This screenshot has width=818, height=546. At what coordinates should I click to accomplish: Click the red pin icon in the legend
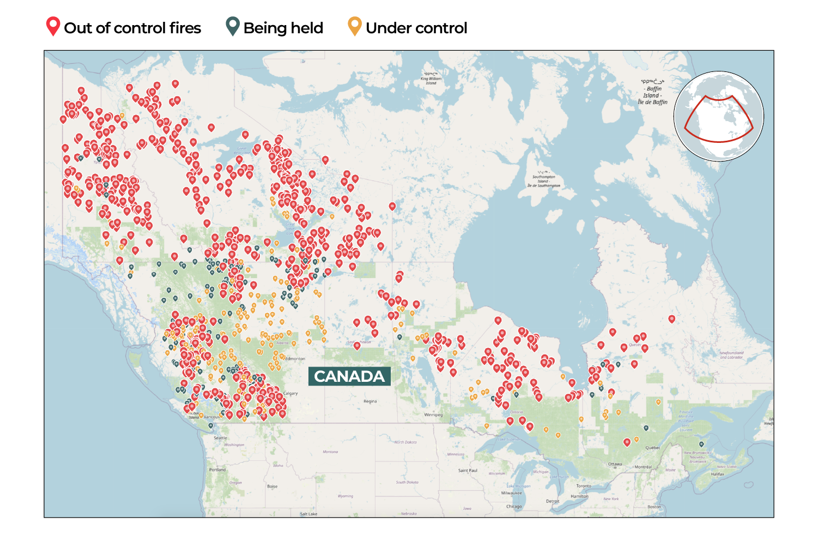point(53,26)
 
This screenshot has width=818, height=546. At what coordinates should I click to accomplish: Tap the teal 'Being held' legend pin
point(233,26)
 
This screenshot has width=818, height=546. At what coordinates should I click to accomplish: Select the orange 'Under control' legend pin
point(355,26)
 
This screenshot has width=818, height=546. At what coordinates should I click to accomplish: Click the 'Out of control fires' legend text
point(132,28)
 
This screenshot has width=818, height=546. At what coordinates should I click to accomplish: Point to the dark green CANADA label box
point(349,376)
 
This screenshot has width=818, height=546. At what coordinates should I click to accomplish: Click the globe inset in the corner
point(719,116)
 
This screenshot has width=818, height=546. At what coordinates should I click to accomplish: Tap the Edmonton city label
point(295,358)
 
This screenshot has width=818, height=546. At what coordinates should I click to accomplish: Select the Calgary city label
point(290,393)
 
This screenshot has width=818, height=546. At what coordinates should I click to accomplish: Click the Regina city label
point(370,401)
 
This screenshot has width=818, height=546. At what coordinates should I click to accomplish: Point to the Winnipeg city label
point(433,415)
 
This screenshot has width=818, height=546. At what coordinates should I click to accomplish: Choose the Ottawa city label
point(615,464)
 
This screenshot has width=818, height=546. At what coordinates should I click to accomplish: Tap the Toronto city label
point(584,485)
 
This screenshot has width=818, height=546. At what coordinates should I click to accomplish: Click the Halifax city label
point(718,474)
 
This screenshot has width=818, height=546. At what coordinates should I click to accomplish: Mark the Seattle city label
point(220,438)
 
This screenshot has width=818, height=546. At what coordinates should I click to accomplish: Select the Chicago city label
point(514,506)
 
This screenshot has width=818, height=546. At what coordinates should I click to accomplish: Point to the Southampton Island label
point(543,181)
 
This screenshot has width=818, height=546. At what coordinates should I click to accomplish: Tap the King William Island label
point(431,79)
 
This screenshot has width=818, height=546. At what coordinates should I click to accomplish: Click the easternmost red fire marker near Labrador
point(671,319)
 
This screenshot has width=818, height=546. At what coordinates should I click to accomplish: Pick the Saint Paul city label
point(468,470)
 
